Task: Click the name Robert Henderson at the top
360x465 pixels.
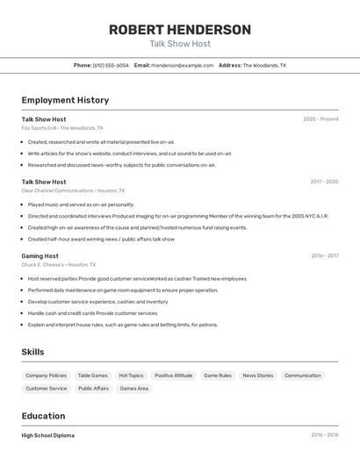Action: tap(179, 30)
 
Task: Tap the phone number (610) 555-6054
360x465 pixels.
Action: tap(111, 65)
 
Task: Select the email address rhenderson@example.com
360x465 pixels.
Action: tap(182, 65)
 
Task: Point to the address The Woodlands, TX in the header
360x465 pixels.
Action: tap(264, 65)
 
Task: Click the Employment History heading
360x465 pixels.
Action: tap(65, 100)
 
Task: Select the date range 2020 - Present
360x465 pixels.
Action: tap(320, 119)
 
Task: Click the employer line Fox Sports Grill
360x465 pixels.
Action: tap(62, 128)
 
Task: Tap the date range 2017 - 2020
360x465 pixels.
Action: tap(324, 182)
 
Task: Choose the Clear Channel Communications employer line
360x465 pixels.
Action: tap(73, 190)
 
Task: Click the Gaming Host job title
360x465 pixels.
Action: tap(40, 256)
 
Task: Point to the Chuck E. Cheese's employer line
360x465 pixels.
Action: tap(59, 265)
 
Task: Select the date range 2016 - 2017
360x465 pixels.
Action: tap(324, 256)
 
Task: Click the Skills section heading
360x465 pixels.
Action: tap(33, 352)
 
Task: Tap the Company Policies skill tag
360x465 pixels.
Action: tap(46, 376)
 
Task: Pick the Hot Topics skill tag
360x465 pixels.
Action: tap(131, 376)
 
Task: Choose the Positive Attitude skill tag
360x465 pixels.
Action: tap(173, 376)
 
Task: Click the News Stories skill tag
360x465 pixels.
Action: tap(258, 376)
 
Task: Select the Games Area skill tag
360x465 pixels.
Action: tap(134, 389)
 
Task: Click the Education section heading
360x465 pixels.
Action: tap(43, 416)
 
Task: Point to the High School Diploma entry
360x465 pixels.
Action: tap(48, 435)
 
